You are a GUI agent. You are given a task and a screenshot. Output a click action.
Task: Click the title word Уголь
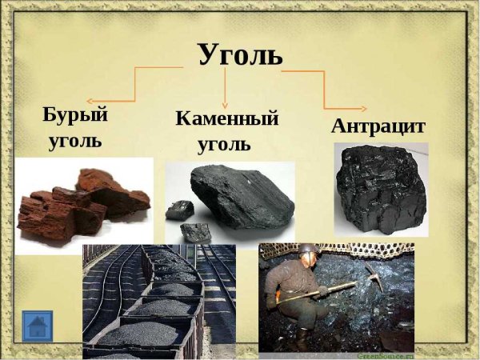point(240,55)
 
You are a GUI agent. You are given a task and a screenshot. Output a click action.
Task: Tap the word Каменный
point(226,120)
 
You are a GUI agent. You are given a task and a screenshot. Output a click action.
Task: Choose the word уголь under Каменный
point(224,146)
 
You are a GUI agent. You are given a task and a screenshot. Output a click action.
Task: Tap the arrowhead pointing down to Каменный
point(226,104)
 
